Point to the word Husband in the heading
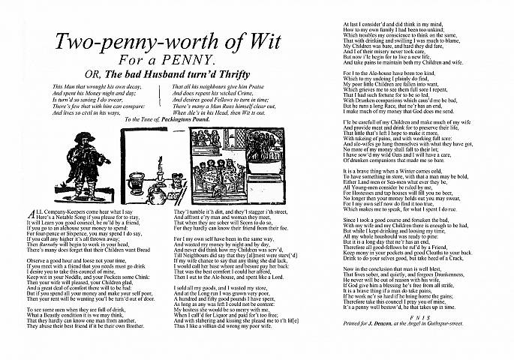[x=152, y=73]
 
